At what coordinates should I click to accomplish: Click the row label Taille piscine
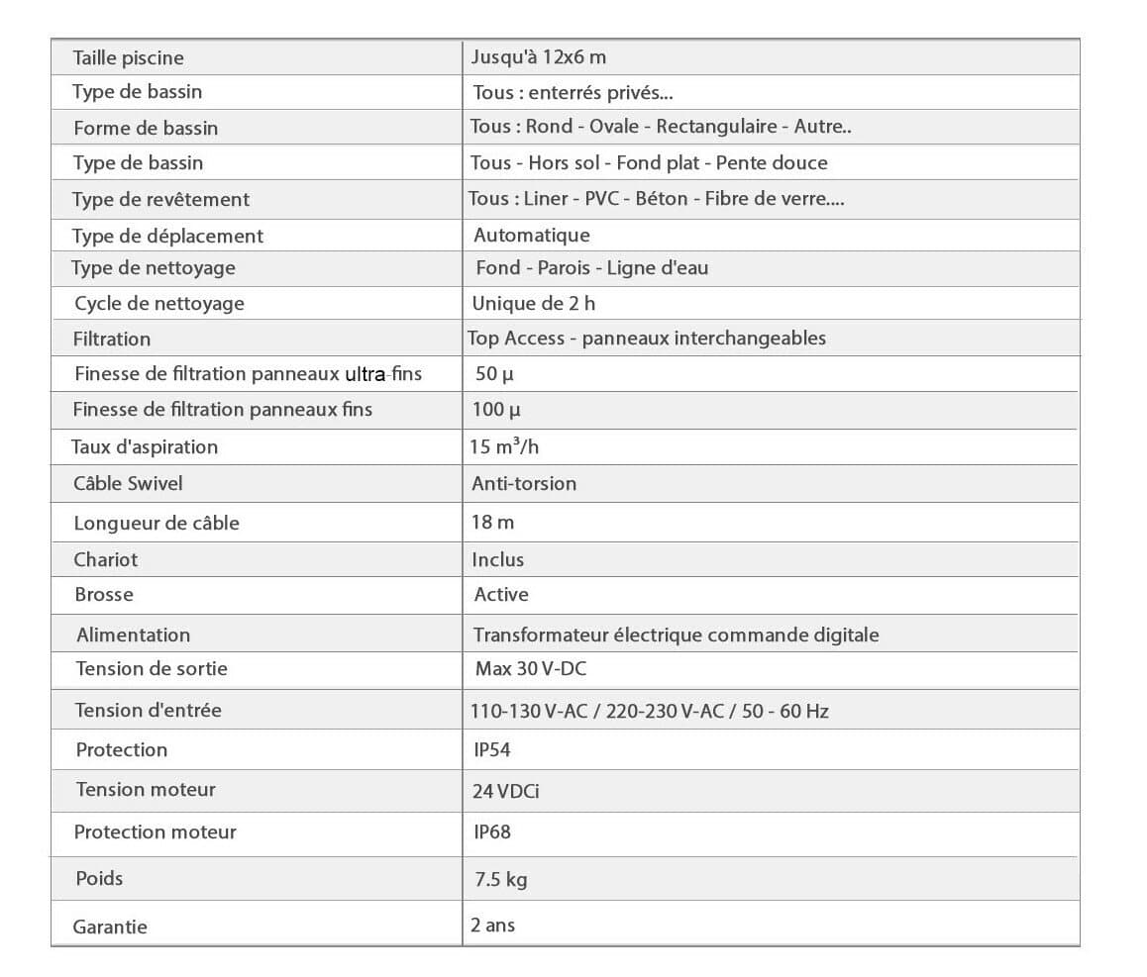point(128,57)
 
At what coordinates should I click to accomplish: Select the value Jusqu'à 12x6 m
point(539,56)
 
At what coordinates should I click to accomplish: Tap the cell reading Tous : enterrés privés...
point(573,92)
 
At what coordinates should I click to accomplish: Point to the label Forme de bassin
point(146,128)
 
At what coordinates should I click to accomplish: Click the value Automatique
point(532,235)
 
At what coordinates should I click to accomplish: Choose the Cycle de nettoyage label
point(159,303)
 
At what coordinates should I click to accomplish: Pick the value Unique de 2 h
point(534,303)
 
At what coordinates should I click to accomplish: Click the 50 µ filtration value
point(494,373)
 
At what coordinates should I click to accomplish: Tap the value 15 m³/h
point(505,446)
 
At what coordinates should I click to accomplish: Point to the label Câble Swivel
point(128,483)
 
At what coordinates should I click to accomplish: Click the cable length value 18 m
point(493,522)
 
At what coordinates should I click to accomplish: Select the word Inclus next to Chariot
point(498,559)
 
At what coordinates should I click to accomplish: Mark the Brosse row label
point(104,594)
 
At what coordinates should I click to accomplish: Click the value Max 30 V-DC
point(531,668)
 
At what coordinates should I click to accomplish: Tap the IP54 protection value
point(492,749)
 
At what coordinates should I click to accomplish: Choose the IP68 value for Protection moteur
point(492,831)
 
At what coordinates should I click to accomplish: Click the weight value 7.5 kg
point(499,878)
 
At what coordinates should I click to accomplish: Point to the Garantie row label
point(110,927)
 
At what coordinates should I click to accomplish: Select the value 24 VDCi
point(506,791)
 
